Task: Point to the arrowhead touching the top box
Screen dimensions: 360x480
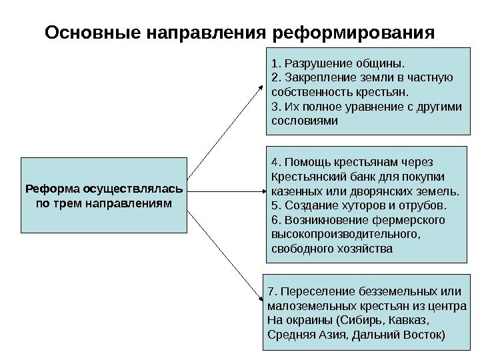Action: click(x=263, y=88)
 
